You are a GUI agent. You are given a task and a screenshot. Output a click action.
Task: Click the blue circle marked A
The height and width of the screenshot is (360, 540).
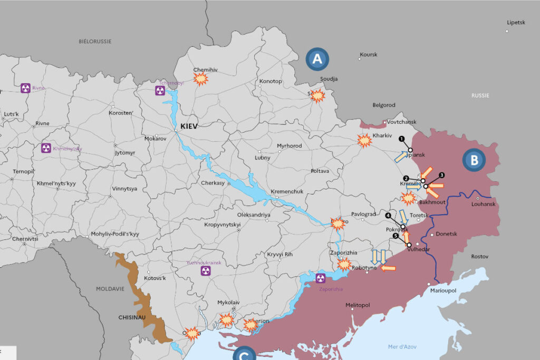[317, 60]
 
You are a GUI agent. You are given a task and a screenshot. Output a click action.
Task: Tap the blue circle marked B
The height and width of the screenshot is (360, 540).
[474, 160]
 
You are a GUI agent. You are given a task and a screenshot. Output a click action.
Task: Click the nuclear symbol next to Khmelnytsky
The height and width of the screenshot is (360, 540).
[46, 148]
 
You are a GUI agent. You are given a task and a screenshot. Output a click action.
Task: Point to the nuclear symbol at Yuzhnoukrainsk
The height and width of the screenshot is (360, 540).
[205, 270]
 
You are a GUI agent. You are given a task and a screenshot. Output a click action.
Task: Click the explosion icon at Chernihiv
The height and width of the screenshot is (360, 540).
[200, 79]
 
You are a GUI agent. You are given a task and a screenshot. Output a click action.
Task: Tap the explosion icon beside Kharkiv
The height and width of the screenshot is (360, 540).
[364, 140]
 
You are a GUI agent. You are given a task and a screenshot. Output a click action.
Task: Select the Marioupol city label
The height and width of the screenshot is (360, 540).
[443, 290]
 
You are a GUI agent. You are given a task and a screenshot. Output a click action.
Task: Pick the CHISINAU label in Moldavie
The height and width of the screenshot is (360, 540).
[132, 318]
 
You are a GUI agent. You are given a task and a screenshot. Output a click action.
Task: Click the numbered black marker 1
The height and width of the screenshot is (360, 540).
[402, 139]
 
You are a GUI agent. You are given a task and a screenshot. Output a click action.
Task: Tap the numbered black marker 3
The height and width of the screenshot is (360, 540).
[442, 175]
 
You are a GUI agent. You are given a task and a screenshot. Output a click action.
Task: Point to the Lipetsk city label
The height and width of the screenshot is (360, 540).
[516, 23]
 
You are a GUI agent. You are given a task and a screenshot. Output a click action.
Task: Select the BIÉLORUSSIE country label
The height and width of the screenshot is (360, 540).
[95, 41]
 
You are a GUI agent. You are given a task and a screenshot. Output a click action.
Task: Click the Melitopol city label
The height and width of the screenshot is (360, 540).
[358, 305]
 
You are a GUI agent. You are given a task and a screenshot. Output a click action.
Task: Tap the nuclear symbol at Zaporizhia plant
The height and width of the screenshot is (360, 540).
[320, 278]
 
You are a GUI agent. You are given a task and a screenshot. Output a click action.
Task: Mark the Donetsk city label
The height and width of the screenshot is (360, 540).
[447, 234]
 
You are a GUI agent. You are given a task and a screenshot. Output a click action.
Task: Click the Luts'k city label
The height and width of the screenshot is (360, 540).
[11, 114]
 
